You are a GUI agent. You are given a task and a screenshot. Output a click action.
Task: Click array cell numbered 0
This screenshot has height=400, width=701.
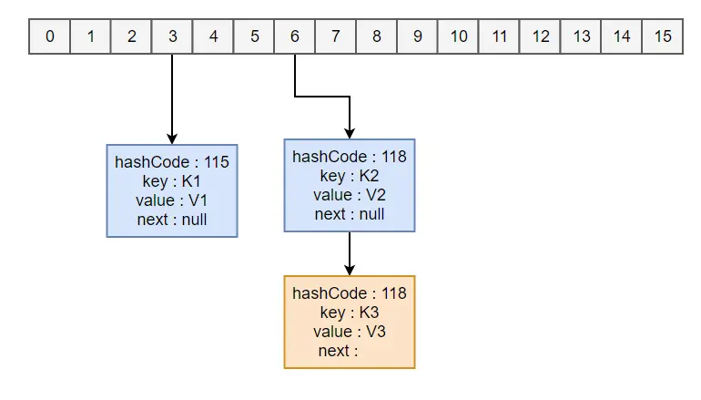pos(49,37)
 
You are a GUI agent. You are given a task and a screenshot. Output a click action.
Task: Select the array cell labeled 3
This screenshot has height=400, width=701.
pos(172,37)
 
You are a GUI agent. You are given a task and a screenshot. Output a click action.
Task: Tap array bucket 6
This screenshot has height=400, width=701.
pos(294,37)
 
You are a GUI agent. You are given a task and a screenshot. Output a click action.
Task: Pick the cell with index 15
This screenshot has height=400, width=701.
pos(663,37)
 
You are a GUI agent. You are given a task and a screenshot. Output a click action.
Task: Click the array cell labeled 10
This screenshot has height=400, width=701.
pos(459,37)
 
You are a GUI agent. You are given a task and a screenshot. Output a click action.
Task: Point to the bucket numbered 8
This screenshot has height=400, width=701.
pos(377,37)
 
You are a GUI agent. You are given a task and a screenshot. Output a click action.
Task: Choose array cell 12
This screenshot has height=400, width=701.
pos(541,37)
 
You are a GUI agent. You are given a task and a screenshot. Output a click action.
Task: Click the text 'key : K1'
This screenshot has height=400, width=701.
pos(172,181)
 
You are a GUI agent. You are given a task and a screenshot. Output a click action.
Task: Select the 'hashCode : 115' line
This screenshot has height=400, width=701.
pos(172,162)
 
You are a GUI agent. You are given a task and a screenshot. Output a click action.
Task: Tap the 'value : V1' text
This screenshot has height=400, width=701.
pos(172,200)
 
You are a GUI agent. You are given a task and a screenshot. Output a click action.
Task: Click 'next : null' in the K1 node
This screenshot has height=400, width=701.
pos(172,220)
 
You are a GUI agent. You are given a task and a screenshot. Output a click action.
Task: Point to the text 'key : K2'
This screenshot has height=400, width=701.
pos(350,176)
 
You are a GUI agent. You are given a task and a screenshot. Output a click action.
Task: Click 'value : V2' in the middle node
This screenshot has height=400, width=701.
pos(350,195)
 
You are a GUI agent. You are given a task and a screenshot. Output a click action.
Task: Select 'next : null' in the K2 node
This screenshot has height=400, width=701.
pos(350,214)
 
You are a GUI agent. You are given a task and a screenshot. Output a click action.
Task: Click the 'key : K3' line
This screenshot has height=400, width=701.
pos(350,313)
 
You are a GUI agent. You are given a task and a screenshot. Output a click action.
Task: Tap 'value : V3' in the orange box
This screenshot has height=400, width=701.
pos(350,332)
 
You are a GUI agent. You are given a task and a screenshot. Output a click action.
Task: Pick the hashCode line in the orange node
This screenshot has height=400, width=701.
pos(350,293)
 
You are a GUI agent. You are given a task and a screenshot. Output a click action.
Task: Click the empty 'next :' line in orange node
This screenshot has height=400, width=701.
pos(338,351)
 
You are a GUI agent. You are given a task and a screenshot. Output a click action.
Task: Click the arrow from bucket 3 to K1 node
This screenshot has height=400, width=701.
pos(172,100)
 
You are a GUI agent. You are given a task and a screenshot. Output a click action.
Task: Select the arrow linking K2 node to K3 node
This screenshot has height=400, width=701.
pos(350,253)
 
